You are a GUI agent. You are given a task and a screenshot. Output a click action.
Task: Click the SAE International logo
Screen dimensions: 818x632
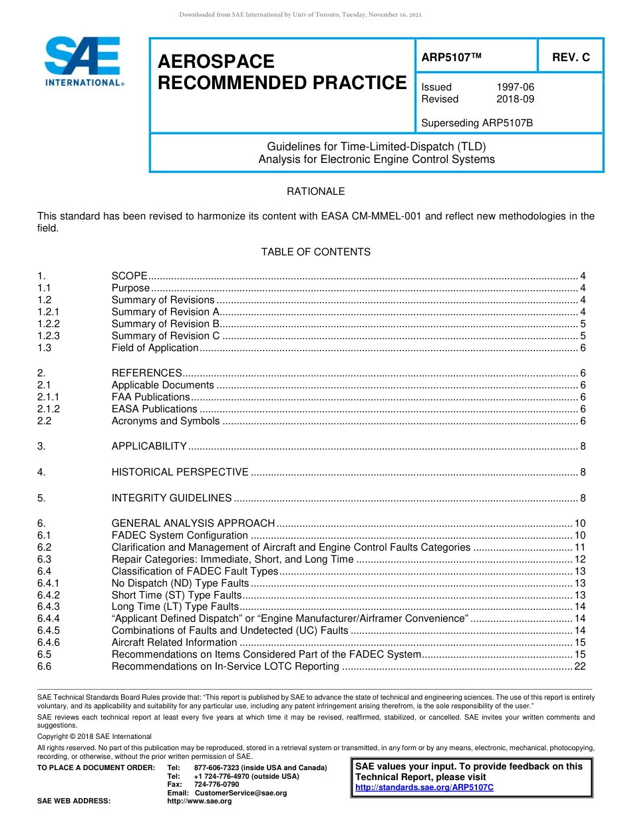(x=83, y=61)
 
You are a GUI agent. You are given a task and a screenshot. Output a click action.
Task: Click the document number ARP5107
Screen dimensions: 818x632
(x=450, y=58)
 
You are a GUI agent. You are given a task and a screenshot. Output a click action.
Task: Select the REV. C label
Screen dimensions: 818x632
(x=571, y=58)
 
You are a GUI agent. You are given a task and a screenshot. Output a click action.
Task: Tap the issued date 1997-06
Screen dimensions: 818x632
(x=515, y=87)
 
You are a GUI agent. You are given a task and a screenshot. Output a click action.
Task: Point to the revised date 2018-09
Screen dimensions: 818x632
(x=515, y=99)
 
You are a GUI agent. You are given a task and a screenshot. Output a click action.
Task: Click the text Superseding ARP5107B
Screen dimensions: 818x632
(x=468, y=123)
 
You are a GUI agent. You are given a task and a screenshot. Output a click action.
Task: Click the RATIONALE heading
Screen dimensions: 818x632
(x=315, y=192)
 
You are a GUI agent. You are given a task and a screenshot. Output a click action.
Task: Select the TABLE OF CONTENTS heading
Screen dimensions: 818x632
(x=315, y=252)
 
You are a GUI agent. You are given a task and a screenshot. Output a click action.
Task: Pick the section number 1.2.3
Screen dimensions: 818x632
(x=49, y=336)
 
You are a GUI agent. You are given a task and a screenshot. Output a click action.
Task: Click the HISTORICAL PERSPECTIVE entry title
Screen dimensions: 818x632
(x=180, y=472)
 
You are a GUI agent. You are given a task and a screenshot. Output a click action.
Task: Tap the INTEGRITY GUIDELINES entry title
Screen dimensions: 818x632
(x=172, y=498)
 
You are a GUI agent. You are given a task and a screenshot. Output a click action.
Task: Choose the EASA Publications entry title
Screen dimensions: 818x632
(x=154, y=409)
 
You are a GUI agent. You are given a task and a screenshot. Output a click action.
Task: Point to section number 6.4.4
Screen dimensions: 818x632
(x=49, y=618)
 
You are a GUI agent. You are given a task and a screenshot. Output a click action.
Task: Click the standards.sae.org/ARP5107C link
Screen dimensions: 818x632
(x=424, y=787)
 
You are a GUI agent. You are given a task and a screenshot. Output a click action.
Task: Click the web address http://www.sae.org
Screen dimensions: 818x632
(x=200, y=801)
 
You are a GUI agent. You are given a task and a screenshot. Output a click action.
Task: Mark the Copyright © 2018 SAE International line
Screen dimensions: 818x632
(x=94, y=736)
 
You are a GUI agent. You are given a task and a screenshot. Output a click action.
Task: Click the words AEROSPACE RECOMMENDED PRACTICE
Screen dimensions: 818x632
(x=281, y=72)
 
